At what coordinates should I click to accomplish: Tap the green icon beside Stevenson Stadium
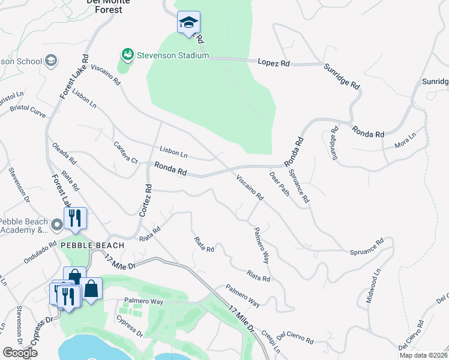click(127, 55)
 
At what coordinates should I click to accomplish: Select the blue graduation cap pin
click(188, 23)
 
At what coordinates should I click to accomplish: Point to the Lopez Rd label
click(274, 62)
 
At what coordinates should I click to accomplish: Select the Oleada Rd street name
click(64, 153)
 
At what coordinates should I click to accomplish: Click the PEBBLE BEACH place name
click(92, 245)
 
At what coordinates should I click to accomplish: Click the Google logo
click(20, 353)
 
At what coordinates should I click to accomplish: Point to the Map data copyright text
click(424, 355)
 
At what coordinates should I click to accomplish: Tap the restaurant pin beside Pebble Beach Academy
click(75, 219)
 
